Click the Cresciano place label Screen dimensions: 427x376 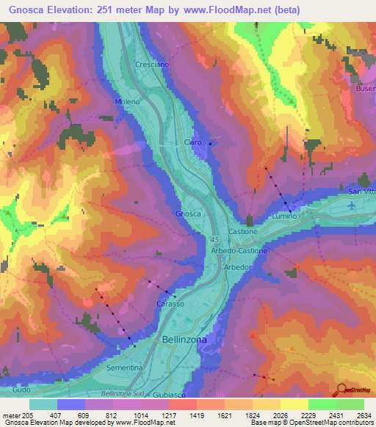tap(151, 65)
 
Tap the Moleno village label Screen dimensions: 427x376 tap(128, 102)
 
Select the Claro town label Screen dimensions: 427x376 tap(192, 142)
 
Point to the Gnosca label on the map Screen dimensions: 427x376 tap(188, 213)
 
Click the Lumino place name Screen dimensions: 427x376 tap(284, 216)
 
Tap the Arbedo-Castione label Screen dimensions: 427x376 tap(239, 250)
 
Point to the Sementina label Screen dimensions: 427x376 tap(124, 366)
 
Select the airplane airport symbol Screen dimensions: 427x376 tap(355, 205)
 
